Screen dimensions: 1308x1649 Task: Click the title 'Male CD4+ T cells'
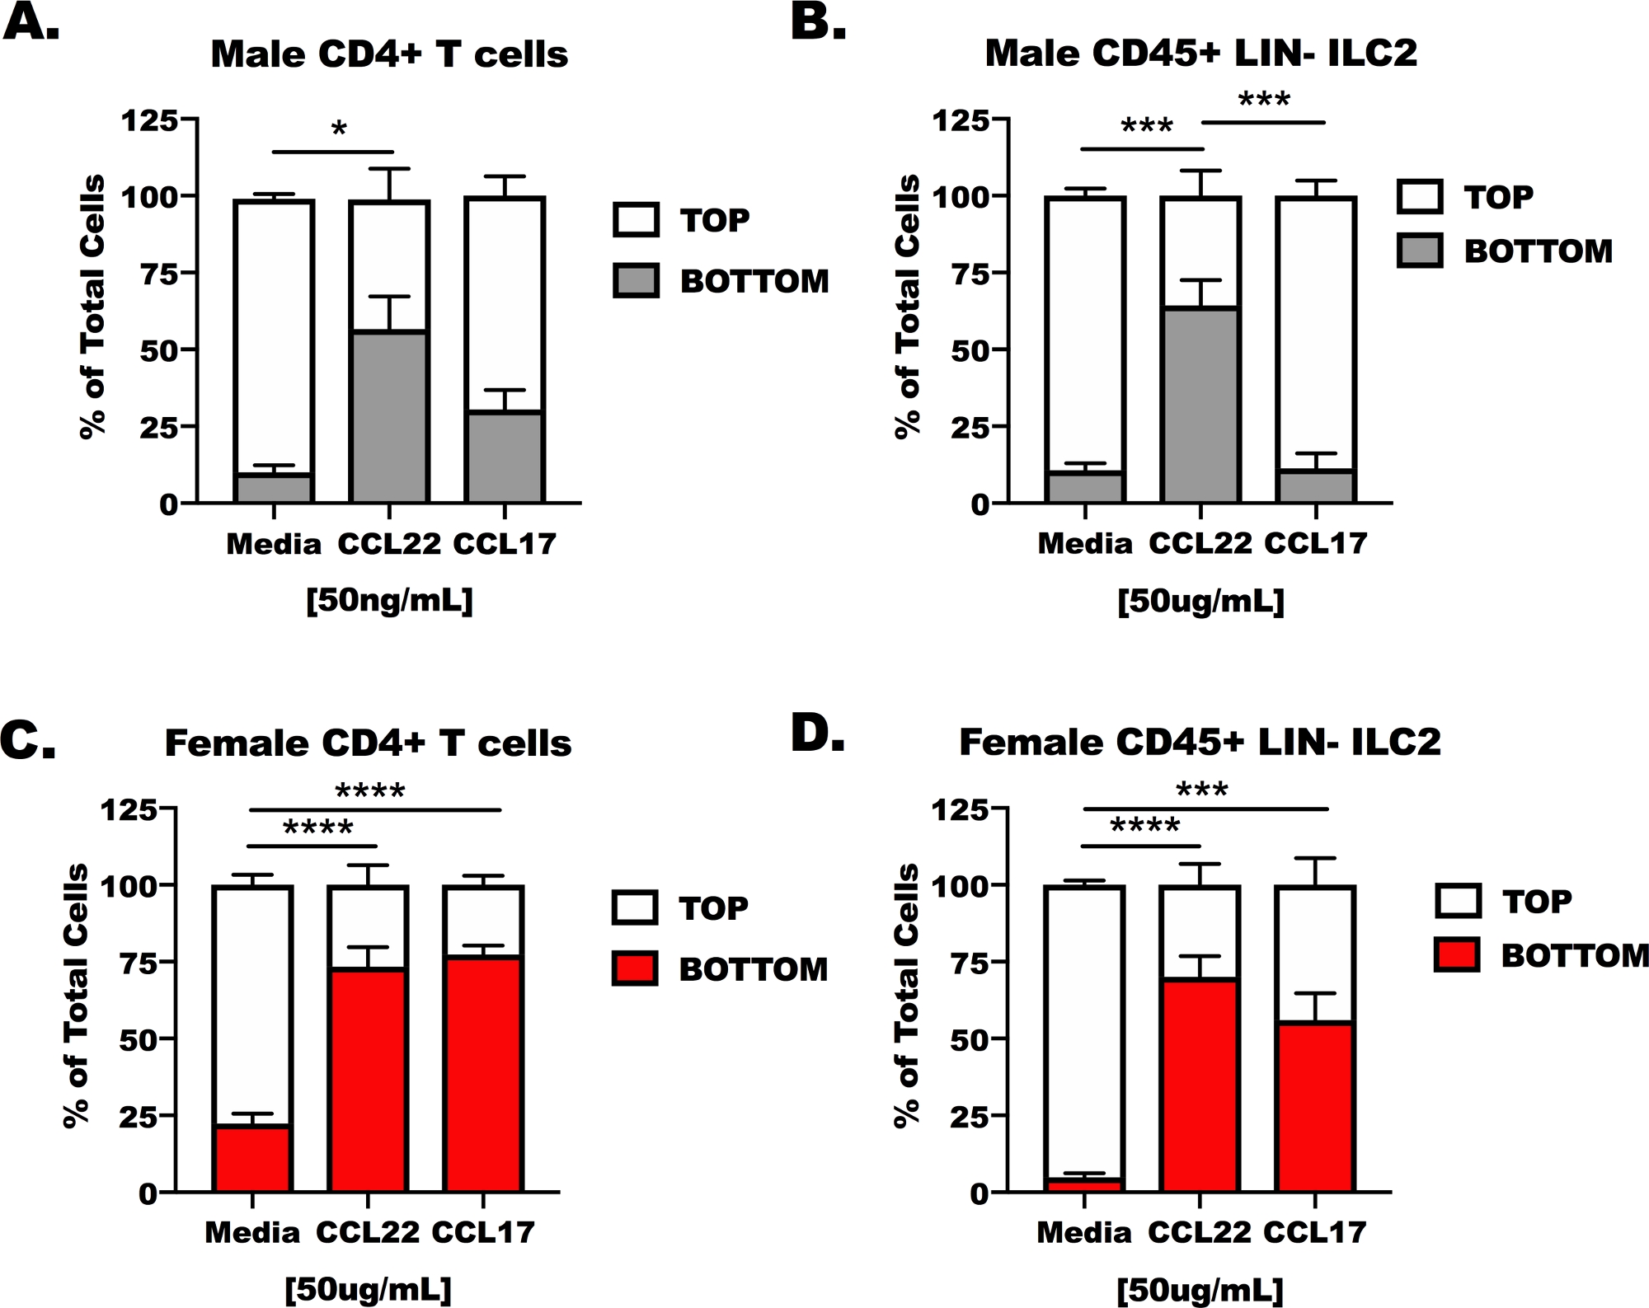[389, 54]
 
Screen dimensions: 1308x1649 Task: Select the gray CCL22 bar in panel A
[389, 416]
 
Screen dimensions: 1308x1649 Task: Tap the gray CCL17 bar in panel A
[505, 457]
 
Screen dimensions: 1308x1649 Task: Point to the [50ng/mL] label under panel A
[389, 601]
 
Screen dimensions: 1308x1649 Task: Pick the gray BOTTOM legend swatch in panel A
[636, 280]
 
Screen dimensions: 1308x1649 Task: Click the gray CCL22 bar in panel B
[1200, 405]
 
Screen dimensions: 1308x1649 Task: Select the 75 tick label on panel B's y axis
[970, 274]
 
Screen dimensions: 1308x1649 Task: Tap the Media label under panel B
[1084, 544]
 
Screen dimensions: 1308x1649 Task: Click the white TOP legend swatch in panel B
[1420, 197]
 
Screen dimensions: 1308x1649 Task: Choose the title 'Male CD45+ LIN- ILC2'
[1200, 54]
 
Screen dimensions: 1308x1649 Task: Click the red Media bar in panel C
[252, 1158]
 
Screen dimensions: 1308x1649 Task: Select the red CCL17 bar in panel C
[483, 1074]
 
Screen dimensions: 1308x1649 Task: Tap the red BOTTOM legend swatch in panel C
[635, 968]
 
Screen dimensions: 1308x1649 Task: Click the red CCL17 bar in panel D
[1315, 1107]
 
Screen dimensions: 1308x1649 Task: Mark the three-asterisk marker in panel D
[1202, 790]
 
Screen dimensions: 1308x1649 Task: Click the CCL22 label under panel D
[1200, 1232]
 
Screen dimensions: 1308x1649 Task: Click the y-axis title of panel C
[76, 995]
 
